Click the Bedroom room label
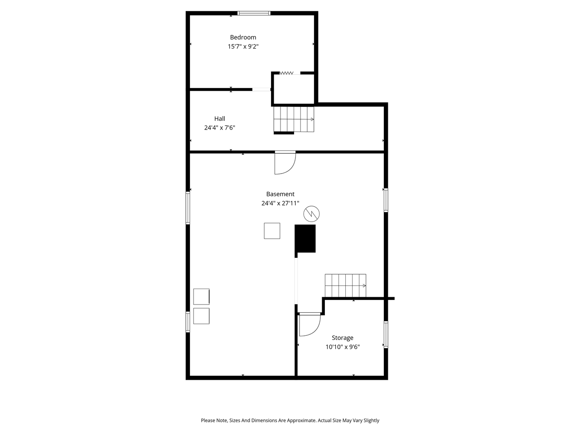243,38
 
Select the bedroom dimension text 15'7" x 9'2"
243,47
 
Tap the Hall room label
220,119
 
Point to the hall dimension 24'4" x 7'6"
220,128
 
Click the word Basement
280,194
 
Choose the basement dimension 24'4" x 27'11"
280,203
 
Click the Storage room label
343,338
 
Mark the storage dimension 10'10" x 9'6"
343,347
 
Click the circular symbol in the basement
312,213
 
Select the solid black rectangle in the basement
305,238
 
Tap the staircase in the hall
294,120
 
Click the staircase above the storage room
345,285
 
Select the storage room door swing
309,325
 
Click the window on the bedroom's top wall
254,13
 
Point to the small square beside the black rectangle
272,231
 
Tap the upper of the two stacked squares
201,296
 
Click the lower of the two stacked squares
201,316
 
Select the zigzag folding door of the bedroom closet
286,73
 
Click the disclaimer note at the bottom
290,420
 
